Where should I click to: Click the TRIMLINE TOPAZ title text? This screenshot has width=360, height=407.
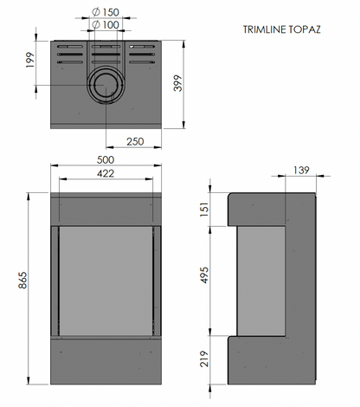tap(281, 29)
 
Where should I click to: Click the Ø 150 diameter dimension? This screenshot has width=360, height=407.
tap(106, 12)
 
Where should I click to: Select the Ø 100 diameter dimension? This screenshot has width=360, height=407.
tap(106, 25)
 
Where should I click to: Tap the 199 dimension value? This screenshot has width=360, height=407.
tap(30, 60)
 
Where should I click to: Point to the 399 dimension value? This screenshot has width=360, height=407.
tap(178, 83)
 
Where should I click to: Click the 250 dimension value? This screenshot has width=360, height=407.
tap(135, 141)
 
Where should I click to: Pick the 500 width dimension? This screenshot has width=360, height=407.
tap(106, 159)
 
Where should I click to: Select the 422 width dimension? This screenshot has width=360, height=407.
tap(106, 173)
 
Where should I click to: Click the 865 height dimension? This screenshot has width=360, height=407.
tap(22, 280)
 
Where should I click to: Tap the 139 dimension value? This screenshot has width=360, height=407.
tap(301, 170)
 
